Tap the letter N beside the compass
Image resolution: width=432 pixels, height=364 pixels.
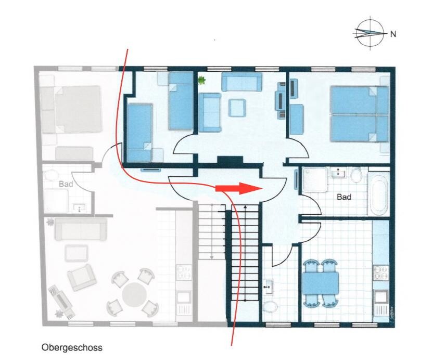point(393,34)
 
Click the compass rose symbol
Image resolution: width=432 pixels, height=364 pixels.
point(370,33)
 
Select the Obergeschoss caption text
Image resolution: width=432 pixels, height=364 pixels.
point(72,348)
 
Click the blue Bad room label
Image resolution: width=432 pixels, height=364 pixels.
point(344,197)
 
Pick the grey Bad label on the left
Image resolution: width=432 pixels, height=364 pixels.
point(66,184)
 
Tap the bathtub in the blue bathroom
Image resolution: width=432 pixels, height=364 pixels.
point(379,194)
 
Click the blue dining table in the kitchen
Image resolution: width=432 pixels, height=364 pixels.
point(321,283)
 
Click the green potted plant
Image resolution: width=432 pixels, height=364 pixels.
point(202,80)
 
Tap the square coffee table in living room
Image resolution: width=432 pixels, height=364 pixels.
point(237,108)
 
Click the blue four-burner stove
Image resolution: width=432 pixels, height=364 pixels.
point(381,272)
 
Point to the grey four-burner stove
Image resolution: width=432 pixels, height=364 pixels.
point(184,272)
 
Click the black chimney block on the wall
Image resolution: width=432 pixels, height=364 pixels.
point(230,160)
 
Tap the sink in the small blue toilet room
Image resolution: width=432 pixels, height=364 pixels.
point(268,287)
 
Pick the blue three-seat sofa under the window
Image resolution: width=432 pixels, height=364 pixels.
point(242,82)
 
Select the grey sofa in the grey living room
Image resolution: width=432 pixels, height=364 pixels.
point(81,229)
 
